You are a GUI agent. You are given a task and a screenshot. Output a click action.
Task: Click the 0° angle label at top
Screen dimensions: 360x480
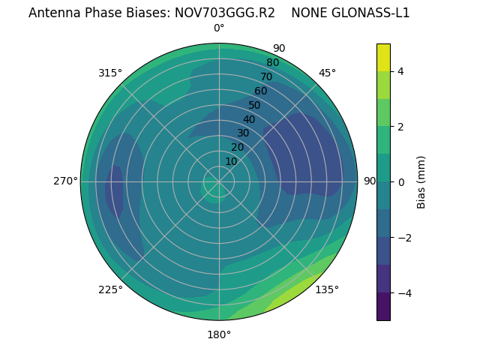click(219, 28)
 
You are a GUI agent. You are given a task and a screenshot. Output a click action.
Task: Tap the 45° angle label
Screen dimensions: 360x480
click(327, 73)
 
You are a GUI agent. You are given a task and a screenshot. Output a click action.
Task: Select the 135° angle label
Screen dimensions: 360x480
click(327, 289)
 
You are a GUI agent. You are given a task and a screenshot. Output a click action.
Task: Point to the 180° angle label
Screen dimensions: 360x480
click(219, 334)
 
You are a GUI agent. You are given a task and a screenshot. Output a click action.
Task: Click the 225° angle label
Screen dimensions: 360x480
click(110, 289)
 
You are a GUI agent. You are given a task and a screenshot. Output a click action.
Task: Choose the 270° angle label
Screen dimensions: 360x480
click(65, 181)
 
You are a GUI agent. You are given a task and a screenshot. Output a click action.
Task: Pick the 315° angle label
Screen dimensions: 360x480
click(110, 73)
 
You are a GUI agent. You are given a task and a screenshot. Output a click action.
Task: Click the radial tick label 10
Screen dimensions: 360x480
click(231, 161)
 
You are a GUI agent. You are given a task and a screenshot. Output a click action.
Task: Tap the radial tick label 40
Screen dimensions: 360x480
click(249, 119)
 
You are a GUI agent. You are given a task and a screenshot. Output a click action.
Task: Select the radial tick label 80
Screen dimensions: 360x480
click(272, 62)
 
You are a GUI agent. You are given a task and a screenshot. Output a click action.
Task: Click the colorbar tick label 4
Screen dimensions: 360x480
click(401, 71)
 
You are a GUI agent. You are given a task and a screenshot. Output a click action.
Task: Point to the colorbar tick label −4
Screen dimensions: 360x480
click(403, 292)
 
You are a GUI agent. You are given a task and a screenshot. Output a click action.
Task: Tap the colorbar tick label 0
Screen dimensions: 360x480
click(401, 182)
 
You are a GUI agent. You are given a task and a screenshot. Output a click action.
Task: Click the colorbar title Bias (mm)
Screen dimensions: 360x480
click(421, 182)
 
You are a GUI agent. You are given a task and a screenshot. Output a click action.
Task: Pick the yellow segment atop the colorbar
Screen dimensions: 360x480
click(383, 57)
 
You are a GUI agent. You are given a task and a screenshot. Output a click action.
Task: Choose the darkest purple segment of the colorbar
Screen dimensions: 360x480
click(383, 307)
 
